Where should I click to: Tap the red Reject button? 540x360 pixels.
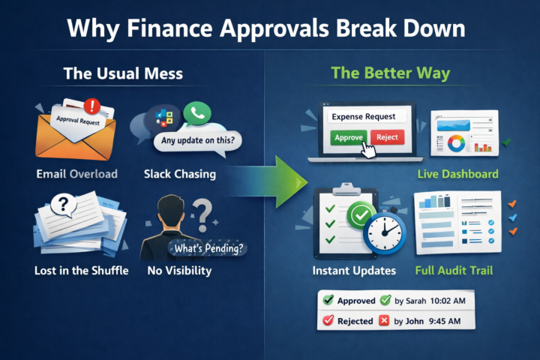387,137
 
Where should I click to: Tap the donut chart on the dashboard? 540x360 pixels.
455,142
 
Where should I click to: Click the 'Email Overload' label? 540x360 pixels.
76,174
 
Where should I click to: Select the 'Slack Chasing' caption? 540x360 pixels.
180,174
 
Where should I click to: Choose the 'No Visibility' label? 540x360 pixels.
180,270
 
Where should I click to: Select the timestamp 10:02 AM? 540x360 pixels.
450,301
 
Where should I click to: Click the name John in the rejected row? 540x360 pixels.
417,321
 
